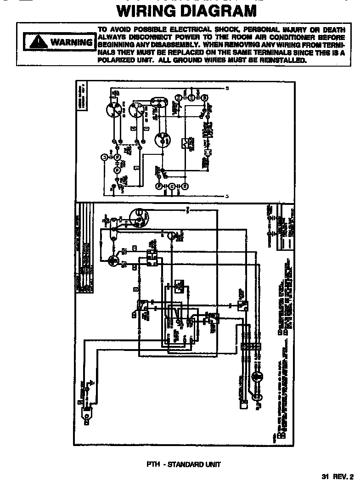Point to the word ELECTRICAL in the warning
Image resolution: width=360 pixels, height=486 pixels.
180,28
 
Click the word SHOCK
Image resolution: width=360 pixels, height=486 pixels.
220,28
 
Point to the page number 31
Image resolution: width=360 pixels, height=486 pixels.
325,476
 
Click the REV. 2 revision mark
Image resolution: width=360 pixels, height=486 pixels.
344,476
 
